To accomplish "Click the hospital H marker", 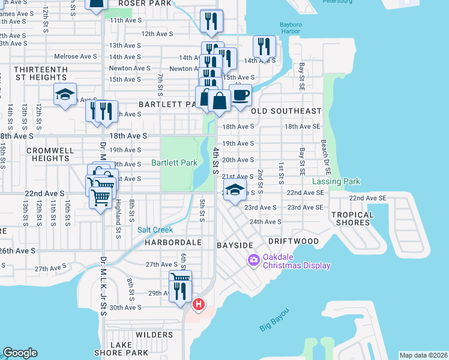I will point(197,305).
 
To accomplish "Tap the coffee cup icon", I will point(240,95).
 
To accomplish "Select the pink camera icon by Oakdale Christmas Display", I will point(253,259).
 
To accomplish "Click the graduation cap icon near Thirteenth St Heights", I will point(65,94).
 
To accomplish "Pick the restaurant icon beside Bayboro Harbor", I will point(264,46).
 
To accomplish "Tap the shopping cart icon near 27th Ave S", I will point(180,278).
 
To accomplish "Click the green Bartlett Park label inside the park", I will point(174,163).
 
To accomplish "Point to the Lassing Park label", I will point(336,181).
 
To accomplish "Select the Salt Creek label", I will point(155,230).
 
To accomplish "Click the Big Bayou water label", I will point(274,319).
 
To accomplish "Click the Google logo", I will point(20,352).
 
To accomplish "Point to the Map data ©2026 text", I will point(423,355).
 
